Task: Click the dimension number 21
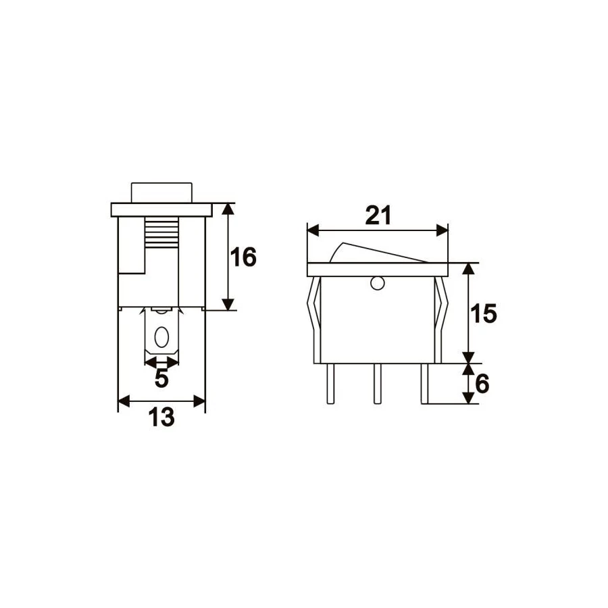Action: point(378,216)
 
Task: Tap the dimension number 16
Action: point(243,257)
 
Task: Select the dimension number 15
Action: point(483,313)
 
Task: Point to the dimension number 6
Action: point(482,384)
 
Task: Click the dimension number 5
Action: point(161,378)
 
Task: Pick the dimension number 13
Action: point(161,417)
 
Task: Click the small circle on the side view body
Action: point(377,284)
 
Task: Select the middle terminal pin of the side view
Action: point(377,384)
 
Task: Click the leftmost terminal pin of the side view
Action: point(330,384)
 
